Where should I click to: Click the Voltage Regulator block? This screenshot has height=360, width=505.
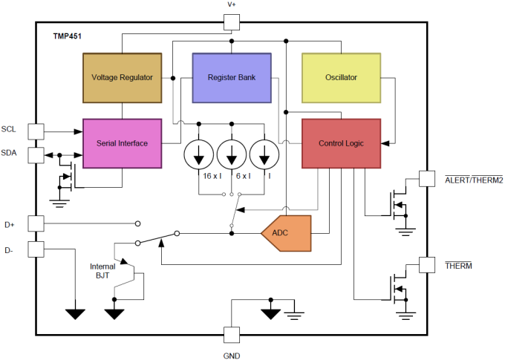[122, 77]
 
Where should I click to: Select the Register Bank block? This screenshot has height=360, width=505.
[232, 77]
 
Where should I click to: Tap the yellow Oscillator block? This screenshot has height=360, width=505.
[341, 77]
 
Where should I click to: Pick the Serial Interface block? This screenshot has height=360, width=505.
[122, 143]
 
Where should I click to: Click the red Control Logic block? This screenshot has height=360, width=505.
[341, 143]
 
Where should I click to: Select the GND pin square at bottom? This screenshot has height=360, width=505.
[232, 335]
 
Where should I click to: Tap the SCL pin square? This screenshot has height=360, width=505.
[36, 131]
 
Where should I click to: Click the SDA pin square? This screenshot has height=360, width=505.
[36, 154]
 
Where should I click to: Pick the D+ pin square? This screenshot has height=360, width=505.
[36, 223]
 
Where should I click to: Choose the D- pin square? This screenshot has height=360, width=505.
[36, 249]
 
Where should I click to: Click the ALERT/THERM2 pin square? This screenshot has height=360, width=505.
[427, 178]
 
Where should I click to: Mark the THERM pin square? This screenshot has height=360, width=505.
[427, 264]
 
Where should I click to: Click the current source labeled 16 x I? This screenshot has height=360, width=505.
[199, 155]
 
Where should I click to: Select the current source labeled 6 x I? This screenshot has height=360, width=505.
[232, 155]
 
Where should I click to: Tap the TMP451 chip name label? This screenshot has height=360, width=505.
[68, 36]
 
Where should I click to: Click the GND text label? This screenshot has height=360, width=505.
[232, 355]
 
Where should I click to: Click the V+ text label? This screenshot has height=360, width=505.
[232, 5]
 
